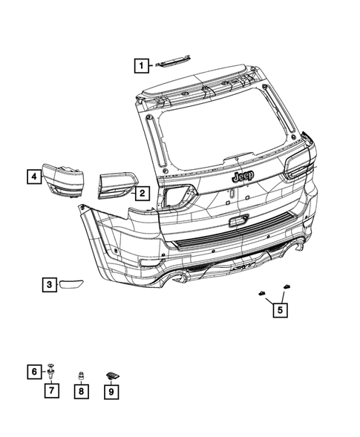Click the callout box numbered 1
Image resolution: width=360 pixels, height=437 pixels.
140,65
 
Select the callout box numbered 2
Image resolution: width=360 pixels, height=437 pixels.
140,194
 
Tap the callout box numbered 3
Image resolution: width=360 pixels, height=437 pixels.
48,284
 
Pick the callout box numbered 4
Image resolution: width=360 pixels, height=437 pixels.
33,176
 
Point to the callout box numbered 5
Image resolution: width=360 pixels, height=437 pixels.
279,311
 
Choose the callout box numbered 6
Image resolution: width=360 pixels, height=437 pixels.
34,370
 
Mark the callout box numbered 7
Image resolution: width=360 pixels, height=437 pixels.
53,390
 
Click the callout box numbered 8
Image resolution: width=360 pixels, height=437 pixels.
81,390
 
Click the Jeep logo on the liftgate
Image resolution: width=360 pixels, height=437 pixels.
242,177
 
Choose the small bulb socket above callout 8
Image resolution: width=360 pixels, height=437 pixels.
81,373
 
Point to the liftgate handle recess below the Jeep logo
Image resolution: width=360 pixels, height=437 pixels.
239,220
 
